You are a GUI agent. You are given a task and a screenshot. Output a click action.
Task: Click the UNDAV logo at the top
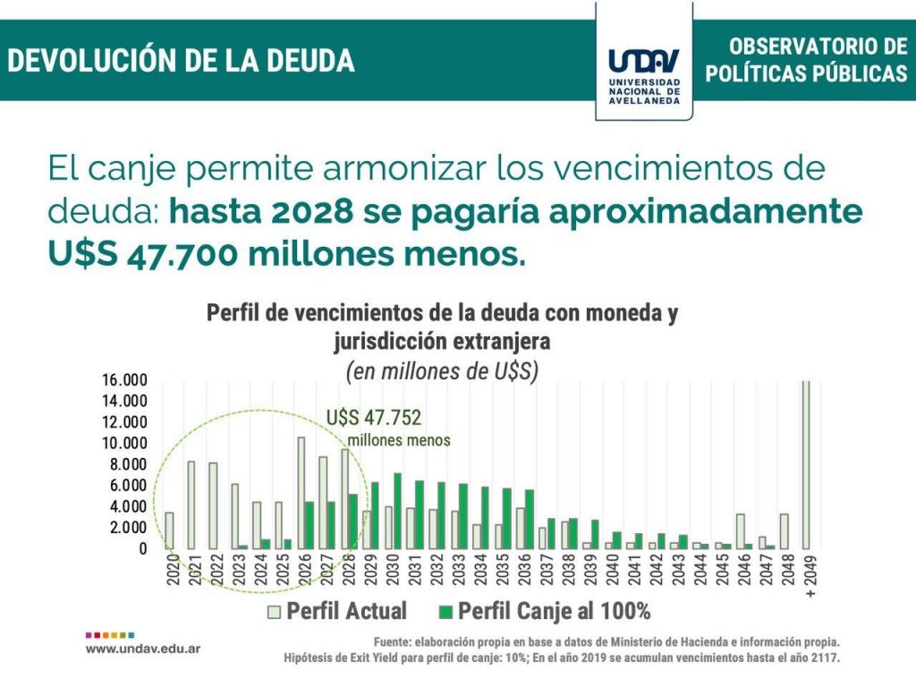coord(643,61)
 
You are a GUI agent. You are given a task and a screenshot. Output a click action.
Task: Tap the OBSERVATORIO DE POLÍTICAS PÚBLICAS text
coord(805,60)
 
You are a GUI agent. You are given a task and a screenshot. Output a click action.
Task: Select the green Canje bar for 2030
coord(397,511)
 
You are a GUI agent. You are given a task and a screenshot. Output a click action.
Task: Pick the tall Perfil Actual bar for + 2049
coord(806,464)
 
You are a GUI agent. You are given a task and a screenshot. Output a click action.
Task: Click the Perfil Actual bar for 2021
coord(191,505)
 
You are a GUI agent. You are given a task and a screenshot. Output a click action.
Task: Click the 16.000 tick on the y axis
coord(125,380)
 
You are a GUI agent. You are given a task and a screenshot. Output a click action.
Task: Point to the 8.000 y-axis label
coord(129,464)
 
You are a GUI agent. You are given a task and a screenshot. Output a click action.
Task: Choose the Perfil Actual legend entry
coord(339,611)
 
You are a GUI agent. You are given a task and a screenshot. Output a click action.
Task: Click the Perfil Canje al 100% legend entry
coord(545,611)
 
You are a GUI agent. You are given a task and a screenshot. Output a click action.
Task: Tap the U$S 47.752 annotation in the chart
coord(374,418)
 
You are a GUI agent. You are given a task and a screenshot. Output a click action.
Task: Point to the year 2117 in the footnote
coord(822,657)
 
